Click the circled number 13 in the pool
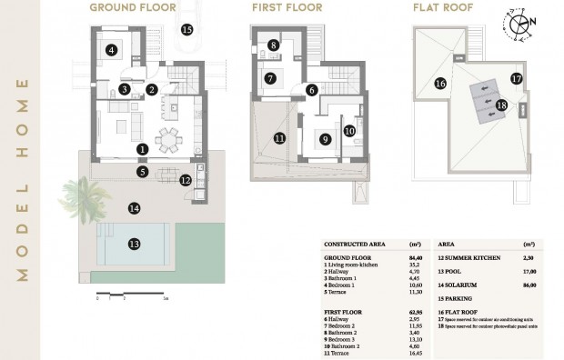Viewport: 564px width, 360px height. pyautogui.click(x=134, y=244)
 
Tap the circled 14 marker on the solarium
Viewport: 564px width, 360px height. pyautogui.click(x=134, y=208)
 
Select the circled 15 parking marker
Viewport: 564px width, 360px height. pyautogui.click(x=187, y=29)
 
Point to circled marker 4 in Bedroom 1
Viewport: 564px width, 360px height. pyautogui.click(x=111, y=51)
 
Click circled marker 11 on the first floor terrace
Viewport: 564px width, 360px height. pyautogui.click(x=280, y=138)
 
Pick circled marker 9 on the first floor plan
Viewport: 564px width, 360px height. pyautogui.click(x=324, y=139)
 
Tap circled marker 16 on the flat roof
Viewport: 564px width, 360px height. pyautogui.click(x=439, y=84)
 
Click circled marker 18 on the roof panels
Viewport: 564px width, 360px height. pyautogui.click(x=501, y=105)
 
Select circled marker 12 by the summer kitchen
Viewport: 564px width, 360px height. pyautogui.click(x=186, y=180)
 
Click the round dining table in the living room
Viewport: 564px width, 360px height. pyautogui.click(x=169, y=139)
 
